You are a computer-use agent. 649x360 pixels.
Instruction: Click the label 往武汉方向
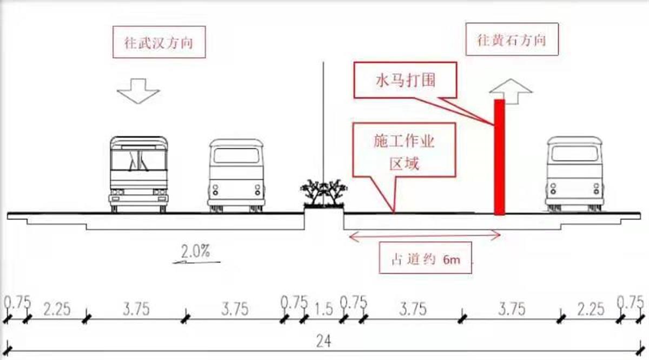(159, 42)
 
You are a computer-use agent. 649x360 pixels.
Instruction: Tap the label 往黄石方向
(512, 39)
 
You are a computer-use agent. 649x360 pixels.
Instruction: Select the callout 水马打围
(405, 80)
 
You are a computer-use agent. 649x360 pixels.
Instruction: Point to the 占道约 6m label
(425, 258)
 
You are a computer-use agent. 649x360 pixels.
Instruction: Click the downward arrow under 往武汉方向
(138, 91)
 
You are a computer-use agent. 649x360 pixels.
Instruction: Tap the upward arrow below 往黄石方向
(511, 91)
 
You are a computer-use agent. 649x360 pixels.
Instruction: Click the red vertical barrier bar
(500, 157)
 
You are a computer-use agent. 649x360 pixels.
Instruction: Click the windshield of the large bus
(138, 160)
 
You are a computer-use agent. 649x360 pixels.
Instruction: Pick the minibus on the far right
(574, 174)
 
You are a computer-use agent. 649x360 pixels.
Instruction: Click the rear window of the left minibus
(236, 156)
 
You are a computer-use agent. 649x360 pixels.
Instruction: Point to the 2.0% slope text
(196, 251)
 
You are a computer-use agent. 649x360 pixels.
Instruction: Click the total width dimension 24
(323, 341)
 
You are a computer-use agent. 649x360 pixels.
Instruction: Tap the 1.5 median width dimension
(323, 309)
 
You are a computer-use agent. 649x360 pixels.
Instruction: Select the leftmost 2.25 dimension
(57, 309)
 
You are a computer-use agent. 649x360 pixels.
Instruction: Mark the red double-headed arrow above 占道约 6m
(425, 236)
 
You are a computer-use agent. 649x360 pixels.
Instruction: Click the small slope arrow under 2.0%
(196, 262)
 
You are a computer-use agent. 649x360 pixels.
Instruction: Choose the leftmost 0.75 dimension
(17, 302)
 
